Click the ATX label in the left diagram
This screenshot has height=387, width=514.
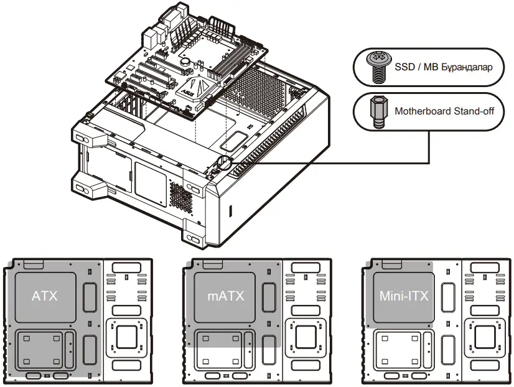pos(45,296)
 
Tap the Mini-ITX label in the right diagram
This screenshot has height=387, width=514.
pos(404,296)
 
